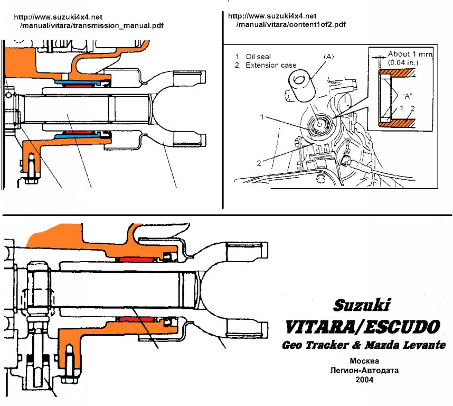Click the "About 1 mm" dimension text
(x=410, y=54)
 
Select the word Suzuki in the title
(x=362, y=305)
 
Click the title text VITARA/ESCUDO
(x=362, y=327)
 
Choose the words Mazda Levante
(x=406, y=345)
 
